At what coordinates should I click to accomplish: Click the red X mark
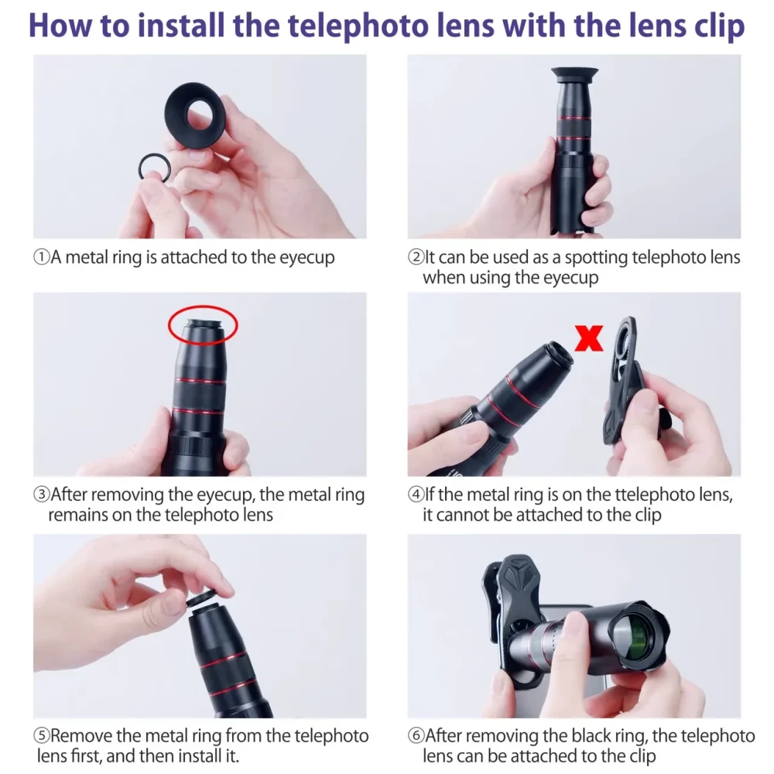[x=589, y=338]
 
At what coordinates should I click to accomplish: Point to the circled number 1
[x=42, y=257]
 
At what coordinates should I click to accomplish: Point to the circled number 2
[x=416, y=257]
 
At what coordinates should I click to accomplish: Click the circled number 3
[x=42, y=494]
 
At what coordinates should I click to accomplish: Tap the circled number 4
[x=416, y=494]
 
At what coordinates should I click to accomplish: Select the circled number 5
[x=42, y=735]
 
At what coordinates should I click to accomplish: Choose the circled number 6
[x=416, y=735]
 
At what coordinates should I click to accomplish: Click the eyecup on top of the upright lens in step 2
[x=574, y=74]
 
